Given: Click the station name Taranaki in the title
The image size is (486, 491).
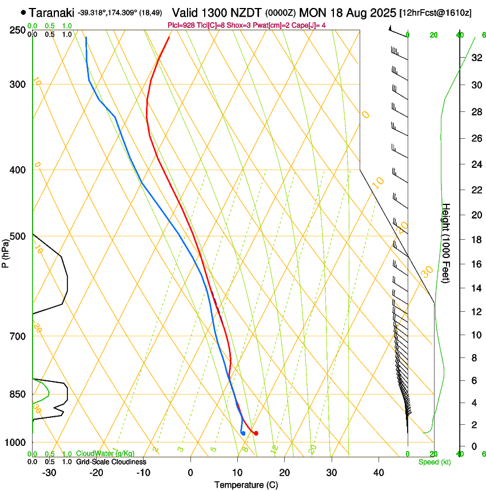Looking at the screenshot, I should point(51,11).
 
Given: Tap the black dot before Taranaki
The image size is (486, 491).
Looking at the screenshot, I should point(23,12).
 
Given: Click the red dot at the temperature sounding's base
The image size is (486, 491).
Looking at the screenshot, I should point(256,433).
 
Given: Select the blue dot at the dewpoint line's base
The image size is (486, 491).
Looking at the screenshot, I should point(243,433).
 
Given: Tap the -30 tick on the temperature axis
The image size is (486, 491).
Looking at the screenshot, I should point(49,473).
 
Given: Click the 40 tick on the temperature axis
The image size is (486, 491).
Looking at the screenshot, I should point(378,473).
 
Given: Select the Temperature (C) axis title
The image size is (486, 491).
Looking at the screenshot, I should point(246,485).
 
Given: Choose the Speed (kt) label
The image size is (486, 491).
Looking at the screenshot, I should point(434,461).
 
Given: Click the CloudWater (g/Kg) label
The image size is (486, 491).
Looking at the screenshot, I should point(105,454).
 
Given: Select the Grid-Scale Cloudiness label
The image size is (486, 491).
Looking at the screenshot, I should point(111,461).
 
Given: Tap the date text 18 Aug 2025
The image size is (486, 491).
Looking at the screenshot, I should point(360,11).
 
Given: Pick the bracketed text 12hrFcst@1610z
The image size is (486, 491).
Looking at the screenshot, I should point(436,12).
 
